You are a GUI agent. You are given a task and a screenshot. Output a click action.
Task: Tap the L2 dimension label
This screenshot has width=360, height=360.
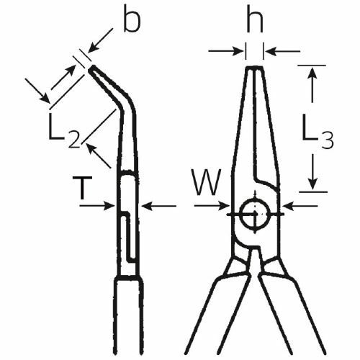coord(64,131)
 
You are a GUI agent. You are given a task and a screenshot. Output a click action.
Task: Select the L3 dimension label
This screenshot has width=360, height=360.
coord(318,131)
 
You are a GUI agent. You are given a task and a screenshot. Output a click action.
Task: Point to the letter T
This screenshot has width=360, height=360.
coord(83,188)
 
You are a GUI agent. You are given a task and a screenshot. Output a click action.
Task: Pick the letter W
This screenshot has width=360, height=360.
coord(207,182)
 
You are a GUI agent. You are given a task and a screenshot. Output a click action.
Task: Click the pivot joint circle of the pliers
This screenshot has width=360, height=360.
coord(255,214)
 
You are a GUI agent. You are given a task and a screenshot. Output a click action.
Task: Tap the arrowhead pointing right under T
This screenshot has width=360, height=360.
coord(109,206)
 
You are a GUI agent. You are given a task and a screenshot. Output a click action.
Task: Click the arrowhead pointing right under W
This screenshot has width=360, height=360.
coord(224,206)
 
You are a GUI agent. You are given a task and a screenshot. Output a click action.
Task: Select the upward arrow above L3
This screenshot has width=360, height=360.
coord(312,84)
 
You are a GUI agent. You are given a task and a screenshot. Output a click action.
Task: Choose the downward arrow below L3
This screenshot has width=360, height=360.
coord(312,172)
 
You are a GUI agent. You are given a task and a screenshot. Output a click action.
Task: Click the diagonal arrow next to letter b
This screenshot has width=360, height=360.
coord(100,40)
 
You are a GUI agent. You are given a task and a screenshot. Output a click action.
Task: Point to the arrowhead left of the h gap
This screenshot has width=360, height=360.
coord(238,51)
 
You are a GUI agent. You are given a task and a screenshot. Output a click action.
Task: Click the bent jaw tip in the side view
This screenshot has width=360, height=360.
coord(91,69)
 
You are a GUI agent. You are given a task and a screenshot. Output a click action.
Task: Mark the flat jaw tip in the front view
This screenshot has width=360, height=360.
coord(255,68)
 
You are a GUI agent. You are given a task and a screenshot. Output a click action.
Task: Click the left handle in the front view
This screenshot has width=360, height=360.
coord(217,312)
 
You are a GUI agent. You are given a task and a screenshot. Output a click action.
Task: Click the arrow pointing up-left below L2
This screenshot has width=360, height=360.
coord(99,156)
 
